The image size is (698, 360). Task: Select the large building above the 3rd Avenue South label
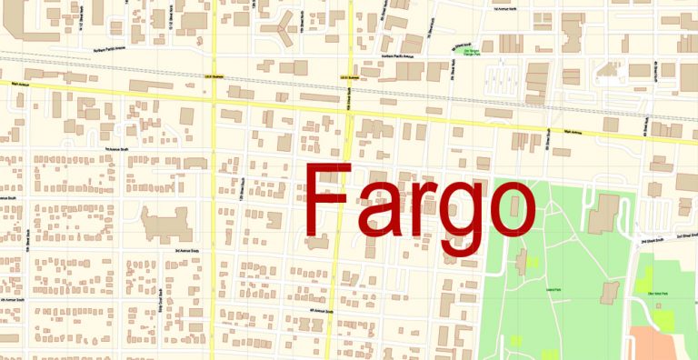pos(165,221)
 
